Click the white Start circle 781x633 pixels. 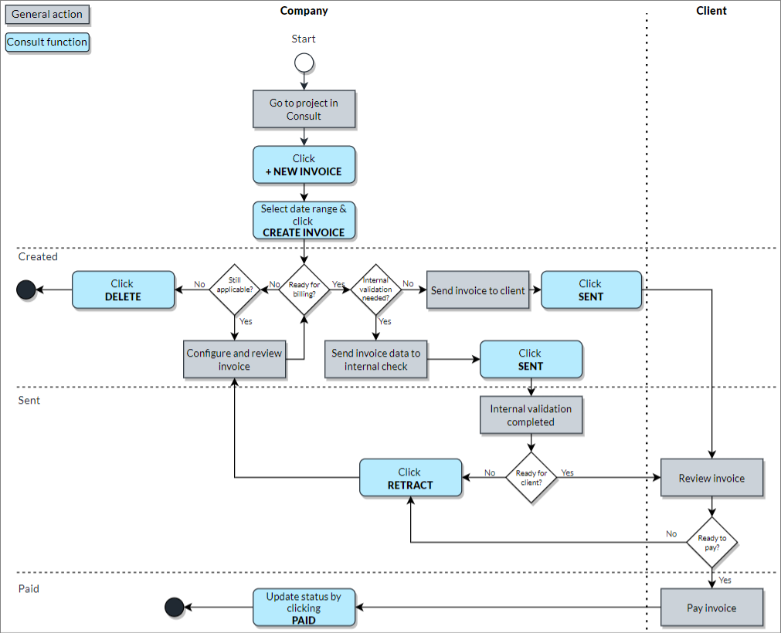pos(304,63)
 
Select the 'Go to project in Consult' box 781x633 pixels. pos(304,110)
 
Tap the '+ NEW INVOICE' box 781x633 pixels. pos(304,165)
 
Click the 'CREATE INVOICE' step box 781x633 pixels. pos(304,220)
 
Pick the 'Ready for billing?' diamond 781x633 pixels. pos(304,289)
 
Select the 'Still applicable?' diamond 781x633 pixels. pos(234,289)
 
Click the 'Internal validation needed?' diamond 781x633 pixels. pos(375,289)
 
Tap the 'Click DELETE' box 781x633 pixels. pos(123,290)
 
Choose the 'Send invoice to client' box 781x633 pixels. pos(477,290)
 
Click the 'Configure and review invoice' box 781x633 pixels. pos(234,360)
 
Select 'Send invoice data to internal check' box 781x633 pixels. pos(375,360)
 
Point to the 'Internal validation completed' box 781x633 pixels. pos(531,415)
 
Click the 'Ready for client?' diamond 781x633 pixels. pos(531,478)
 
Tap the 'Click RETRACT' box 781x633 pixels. pos(410,478)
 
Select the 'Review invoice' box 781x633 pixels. pos(711,478)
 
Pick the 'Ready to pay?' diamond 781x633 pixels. pos(711,542)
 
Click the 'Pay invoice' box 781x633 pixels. pos(711,608)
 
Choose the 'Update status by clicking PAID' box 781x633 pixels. pos(304,608)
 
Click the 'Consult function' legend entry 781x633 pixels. pos(47,42)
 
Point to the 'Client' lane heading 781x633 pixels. pos(711,11)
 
